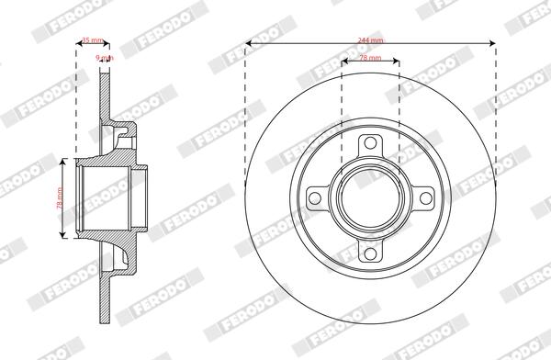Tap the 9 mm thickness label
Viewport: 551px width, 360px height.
pos(105,57)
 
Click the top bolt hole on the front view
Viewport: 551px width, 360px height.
pos(370,144)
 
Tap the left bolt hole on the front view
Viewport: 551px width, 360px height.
pos(316,197)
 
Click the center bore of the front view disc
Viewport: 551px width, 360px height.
pos(370,197)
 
